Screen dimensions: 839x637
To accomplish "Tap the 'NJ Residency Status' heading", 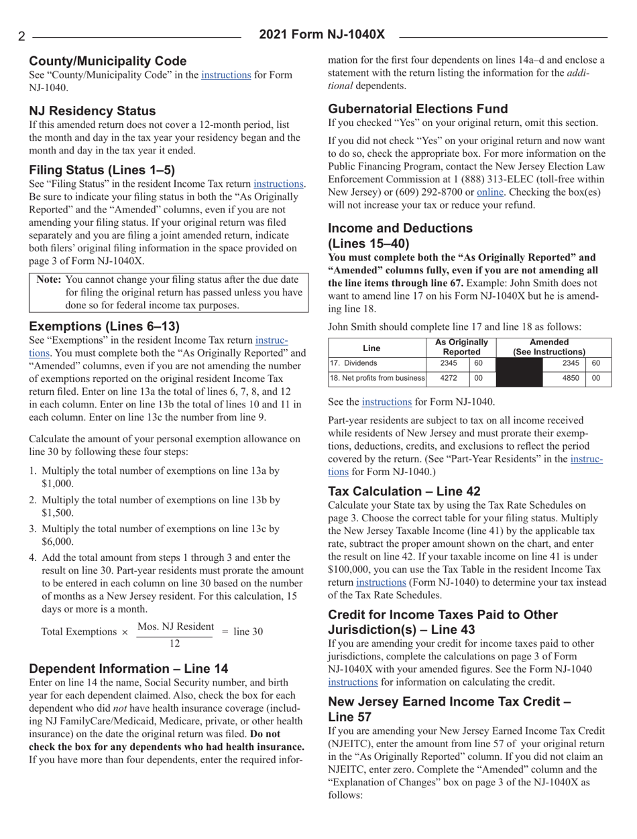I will coord(93,110).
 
